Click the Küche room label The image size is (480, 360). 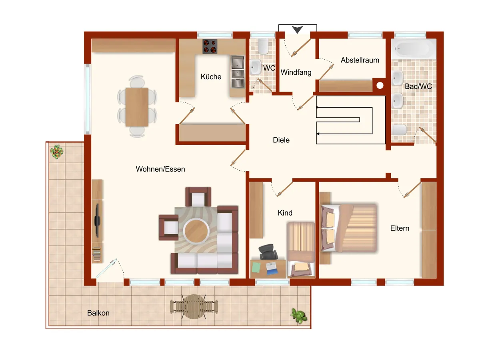click(211, 76)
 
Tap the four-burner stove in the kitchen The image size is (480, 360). click(210, 46)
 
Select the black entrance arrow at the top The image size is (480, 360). click(297, 30)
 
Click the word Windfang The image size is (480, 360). click(296, 72)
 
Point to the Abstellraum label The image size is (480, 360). click(360, 60)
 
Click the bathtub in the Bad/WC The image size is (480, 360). click(414, 49)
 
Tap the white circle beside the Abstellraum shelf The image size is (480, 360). click(380, 86)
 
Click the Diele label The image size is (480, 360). click(281, 140)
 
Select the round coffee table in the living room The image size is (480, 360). click(196, 231)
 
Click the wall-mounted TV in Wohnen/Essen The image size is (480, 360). click(97, 220)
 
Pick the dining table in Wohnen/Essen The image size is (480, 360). click(137, 107)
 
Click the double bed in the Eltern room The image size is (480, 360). click(349, 228)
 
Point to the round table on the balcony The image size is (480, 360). click(194, 306)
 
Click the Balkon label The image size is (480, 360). click(98, 313)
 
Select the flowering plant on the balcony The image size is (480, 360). click(57, 152)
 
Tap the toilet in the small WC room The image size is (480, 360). click(263, 46)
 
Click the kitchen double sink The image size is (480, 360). click(238, 72)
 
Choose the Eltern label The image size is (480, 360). click(400, 228)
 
